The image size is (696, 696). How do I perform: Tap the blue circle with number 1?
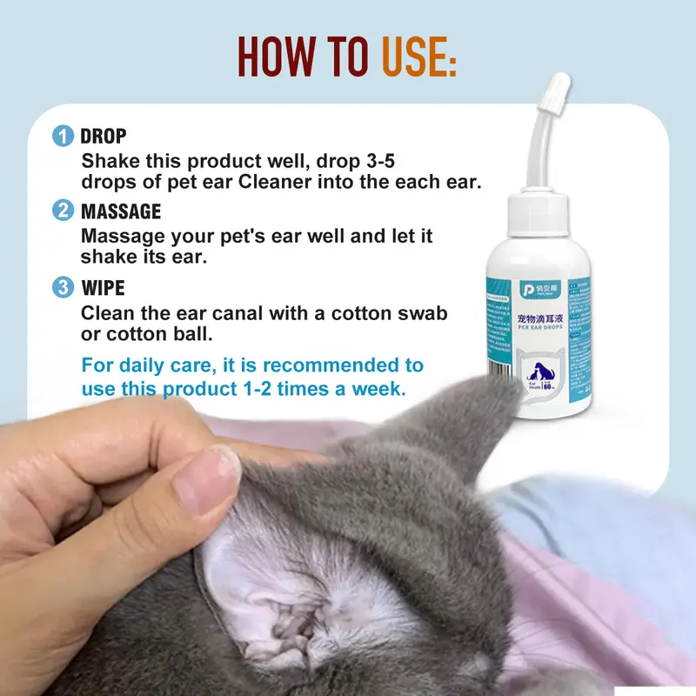(x=63, y=136)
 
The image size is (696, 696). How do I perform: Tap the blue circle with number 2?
(x=63, y=211)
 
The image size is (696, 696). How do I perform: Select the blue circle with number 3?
(x=63, y=287)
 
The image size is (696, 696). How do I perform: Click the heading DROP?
(x=104, y=137)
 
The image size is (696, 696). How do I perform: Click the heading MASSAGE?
(x=121, y=211)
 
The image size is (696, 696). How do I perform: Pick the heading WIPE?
(x=103, y=288)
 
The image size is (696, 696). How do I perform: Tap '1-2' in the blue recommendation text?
(x=264, y=389)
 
